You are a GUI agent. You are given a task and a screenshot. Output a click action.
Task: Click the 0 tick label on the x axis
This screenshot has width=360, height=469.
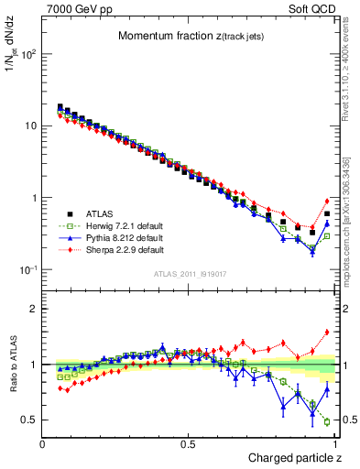click(x=43, y=444)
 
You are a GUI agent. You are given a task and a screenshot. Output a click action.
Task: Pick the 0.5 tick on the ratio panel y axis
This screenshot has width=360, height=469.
click(x=29, y=420)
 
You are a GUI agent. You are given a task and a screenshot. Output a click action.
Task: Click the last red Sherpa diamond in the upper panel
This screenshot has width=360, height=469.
click(x=327, y=202)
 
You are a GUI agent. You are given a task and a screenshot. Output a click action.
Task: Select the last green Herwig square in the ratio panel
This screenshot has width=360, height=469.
click(x=327, y=421)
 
